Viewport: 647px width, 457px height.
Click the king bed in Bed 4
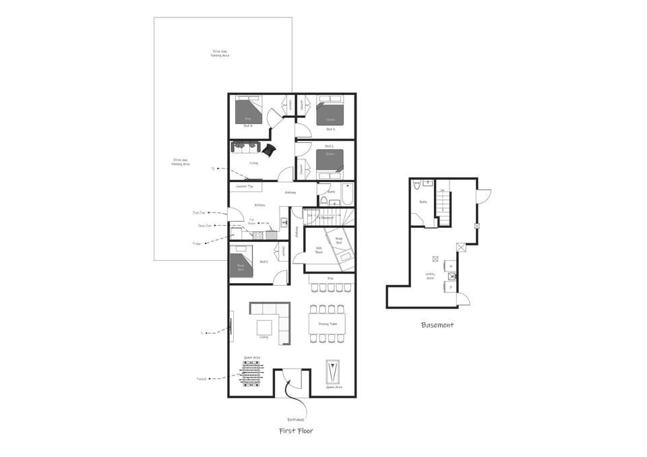click(x=247, y=111)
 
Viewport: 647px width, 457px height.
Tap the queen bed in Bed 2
click(x=330, y=163)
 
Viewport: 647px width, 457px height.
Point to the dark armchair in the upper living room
click(x=270, y=150)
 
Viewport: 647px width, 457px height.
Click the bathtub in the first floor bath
click(x=347, y=194)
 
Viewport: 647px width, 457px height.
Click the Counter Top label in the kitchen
click(x=244, y=186)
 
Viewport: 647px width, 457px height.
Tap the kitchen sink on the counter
click(x=284, y=222)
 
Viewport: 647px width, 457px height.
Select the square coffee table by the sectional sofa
click(x=264, y=327)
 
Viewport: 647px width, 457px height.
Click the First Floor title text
click(x=296, y=431)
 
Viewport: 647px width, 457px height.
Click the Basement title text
click(x=437, y=325)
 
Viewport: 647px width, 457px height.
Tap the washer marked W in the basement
click(x=450, y=265)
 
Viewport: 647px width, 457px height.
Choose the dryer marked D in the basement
click(x=450, y=287)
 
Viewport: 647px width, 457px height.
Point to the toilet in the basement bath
click(x=417, y=184)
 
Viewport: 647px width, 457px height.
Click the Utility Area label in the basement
click(x=430, y=276)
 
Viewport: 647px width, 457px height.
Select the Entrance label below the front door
click(x=296, y=419)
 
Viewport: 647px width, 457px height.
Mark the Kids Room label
click(x=320, y=249)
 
